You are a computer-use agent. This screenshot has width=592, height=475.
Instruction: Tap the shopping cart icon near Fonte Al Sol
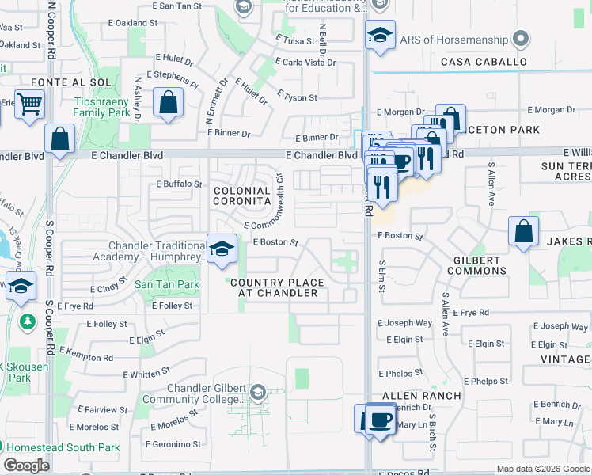28,104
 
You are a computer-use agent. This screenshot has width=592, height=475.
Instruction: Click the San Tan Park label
166,284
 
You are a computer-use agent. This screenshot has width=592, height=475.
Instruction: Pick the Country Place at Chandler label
278,287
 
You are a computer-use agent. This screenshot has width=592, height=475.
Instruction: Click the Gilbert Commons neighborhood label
476,265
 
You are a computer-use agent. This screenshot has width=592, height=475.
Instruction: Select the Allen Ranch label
421,395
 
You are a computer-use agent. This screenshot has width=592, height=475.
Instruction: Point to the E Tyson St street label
297,98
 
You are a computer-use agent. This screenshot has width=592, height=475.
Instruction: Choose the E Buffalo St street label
180,184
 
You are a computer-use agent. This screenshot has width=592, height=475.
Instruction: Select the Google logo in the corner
26,465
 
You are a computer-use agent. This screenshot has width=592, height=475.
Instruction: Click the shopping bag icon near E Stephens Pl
168,103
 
